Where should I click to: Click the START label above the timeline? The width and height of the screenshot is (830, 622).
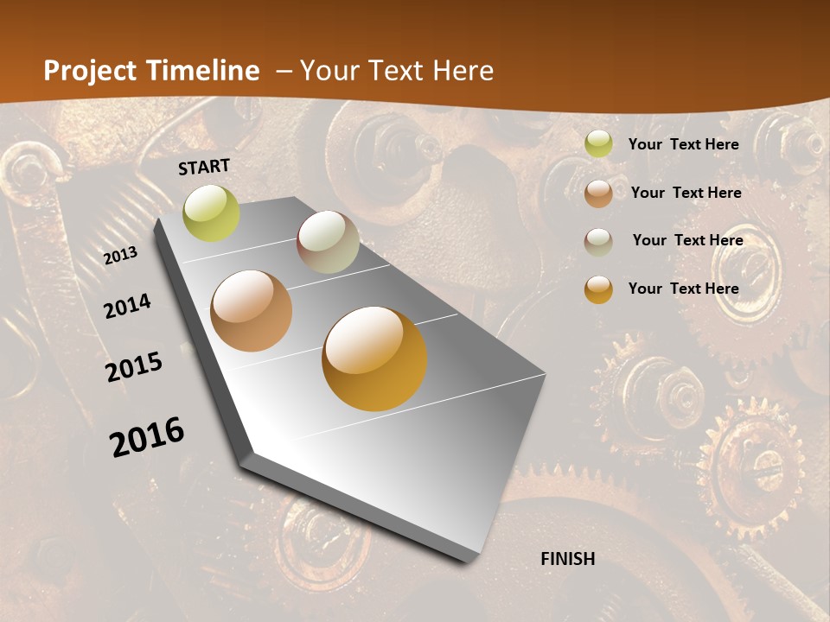click(204, 167)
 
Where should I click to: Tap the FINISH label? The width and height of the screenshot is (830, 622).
click(568, 559)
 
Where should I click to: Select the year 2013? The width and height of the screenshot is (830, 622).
click(120, 256)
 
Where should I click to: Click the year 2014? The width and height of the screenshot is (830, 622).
click(127, 306)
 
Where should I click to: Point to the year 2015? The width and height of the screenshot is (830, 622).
click(134, 367)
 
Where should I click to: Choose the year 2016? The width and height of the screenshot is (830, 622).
click(147, 436)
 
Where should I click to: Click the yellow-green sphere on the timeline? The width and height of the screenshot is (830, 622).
click(212, 213)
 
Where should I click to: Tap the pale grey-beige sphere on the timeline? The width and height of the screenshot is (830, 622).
click(328, 242)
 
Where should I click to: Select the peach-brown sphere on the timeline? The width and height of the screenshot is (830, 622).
click(252, 311)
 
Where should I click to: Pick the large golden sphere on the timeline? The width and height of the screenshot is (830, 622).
click(374, 359)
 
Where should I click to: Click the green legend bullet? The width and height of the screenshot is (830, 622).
click(598, 144)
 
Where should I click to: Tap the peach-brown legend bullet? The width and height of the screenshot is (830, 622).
click(598, 194)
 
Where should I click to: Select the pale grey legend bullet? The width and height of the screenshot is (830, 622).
click(598, 242)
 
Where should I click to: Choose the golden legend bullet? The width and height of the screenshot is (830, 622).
click(598, 290)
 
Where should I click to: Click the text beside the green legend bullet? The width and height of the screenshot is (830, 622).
click(683, 144)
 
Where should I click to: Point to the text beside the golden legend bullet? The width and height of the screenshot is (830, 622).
click(683, 289)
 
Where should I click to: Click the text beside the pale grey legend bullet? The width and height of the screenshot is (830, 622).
click(687, 240)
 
